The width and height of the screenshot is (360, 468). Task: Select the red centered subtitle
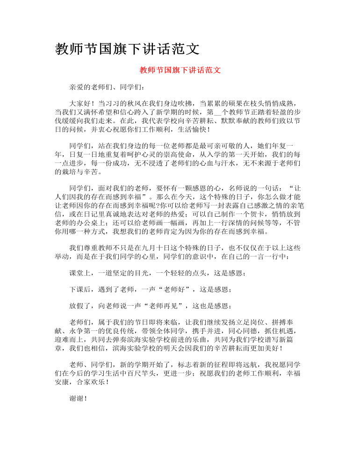(x=180, y=70)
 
